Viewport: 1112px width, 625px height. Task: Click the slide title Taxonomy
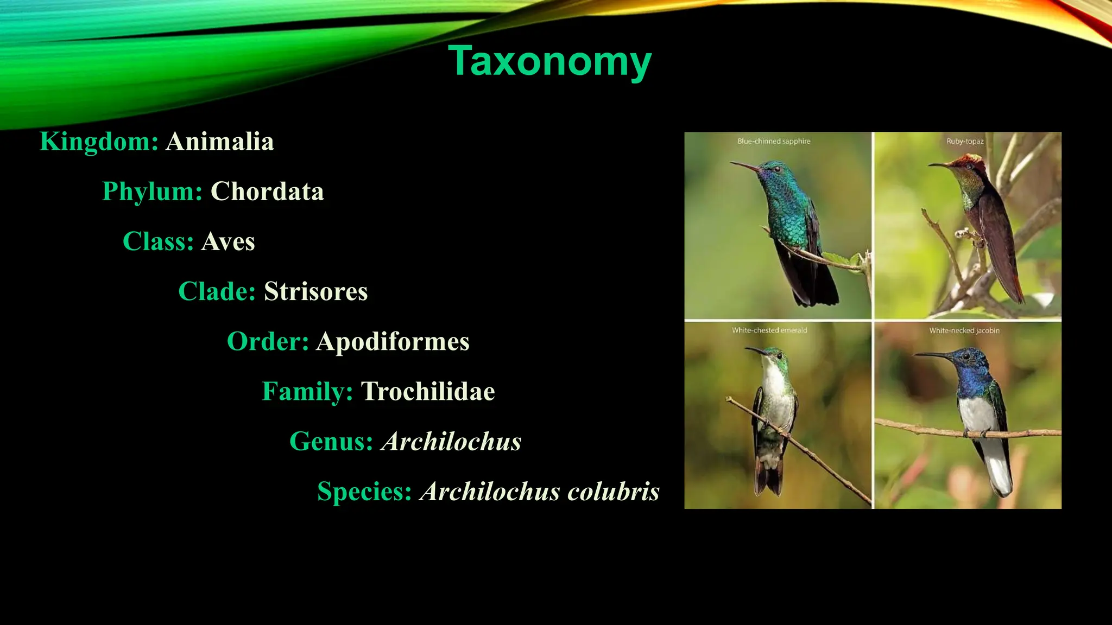click(549, 61)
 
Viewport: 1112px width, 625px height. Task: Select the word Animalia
click(220, 142)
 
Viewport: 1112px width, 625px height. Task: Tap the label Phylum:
click(152, 192)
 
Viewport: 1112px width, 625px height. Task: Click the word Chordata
click(267, 192)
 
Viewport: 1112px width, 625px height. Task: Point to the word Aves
click(228, 241)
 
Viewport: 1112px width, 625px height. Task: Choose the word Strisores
click(315, 291)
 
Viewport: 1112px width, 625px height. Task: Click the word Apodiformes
click(393, 341)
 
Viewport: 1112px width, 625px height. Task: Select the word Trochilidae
click(428, 391)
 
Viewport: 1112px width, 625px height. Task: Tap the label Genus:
click(331, 441)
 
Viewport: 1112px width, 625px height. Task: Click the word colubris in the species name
click(614, 492)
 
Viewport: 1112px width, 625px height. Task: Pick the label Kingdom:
click(99, 142)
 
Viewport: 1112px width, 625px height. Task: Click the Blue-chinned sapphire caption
click(774, 141)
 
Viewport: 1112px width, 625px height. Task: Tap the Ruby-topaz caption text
click(965, 141)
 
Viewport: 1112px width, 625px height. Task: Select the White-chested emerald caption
click(769, 330)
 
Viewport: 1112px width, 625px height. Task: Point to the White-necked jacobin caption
click(964, 330)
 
